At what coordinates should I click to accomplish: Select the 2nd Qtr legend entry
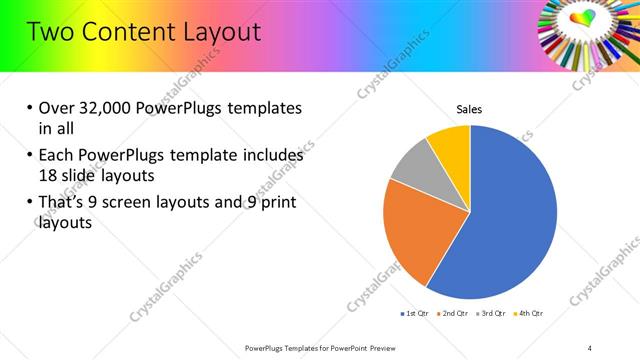(453, 314)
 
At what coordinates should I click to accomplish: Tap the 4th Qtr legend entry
(529, 314)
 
